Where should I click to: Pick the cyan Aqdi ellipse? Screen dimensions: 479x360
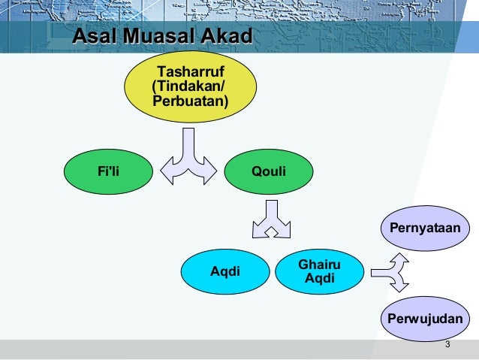(225, 271)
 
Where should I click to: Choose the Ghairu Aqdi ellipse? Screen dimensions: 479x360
(320, 271)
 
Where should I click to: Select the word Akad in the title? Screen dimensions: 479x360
(224, 35)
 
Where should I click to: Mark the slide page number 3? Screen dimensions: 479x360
(447, 345)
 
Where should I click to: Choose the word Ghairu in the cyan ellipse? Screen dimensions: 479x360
(320, 265)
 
